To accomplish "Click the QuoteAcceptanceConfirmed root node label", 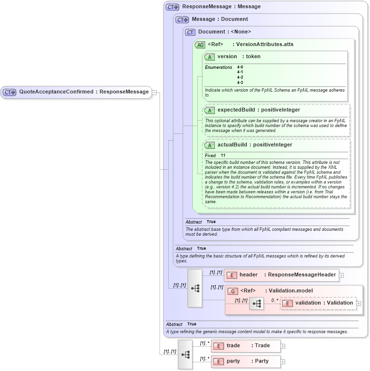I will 83,92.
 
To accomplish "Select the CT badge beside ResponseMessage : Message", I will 173,7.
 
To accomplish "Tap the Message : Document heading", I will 220,19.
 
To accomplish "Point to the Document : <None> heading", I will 225,32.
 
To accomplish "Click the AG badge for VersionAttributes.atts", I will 200,45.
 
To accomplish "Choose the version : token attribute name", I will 239,56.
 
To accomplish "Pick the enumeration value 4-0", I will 240,67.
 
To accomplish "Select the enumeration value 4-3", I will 240,82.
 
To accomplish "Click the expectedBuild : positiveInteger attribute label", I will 258,110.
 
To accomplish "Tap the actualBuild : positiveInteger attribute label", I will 255,145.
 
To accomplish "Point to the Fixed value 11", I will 223,155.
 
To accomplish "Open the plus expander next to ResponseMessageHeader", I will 341,275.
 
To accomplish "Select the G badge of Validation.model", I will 233,291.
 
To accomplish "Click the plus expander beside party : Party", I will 283,362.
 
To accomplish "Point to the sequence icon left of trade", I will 185,355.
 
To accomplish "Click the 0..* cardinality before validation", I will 274,300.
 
